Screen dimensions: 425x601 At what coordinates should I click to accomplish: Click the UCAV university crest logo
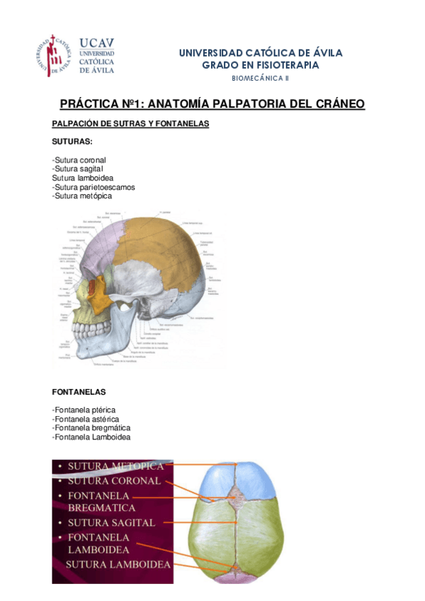click(x=54, y=55)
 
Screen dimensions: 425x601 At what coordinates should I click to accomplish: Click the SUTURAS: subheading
click(x=72, y=142)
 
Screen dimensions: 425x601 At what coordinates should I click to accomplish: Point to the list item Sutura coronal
click(x=79, y=160)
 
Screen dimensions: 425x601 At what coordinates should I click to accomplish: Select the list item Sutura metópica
click(x=81, y=196)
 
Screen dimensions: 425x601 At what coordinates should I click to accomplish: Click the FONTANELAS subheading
click(x=79, y=391)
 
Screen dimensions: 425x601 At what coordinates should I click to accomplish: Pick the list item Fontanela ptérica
click(x=84, y=410)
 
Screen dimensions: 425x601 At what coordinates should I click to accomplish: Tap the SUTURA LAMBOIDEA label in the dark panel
click(x=118, y=564)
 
